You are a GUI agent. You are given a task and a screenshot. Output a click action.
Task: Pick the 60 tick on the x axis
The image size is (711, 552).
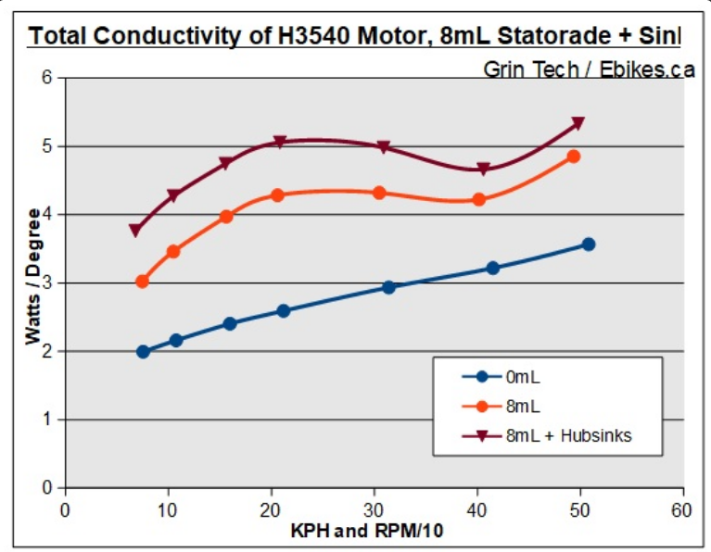coord(683,509)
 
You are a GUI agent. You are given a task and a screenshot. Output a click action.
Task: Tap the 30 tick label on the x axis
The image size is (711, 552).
coord(374,509)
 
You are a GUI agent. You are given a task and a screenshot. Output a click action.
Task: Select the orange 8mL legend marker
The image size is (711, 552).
coord(481,406)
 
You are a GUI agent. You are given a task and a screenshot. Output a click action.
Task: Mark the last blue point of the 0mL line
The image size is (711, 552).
coord(588,245)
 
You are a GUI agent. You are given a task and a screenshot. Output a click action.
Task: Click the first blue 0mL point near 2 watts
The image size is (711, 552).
coord(143,352)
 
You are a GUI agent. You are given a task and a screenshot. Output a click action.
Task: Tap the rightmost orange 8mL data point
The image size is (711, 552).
coord(574,157)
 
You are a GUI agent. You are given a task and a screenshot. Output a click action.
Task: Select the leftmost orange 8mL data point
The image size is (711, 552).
coord(142,281)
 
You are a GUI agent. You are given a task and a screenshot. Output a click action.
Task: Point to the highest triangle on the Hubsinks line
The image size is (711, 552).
coord(578,123)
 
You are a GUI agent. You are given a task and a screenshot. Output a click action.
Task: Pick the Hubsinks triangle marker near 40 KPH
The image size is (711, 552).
coord(483,169)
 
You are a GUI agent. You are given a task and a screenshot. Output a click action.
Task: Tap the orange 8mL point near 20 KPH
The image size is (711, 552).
coord(277,195)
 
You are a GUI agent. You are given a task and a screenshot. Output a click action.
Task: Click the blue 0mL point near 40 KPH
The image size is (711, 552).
coord(492,269)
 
